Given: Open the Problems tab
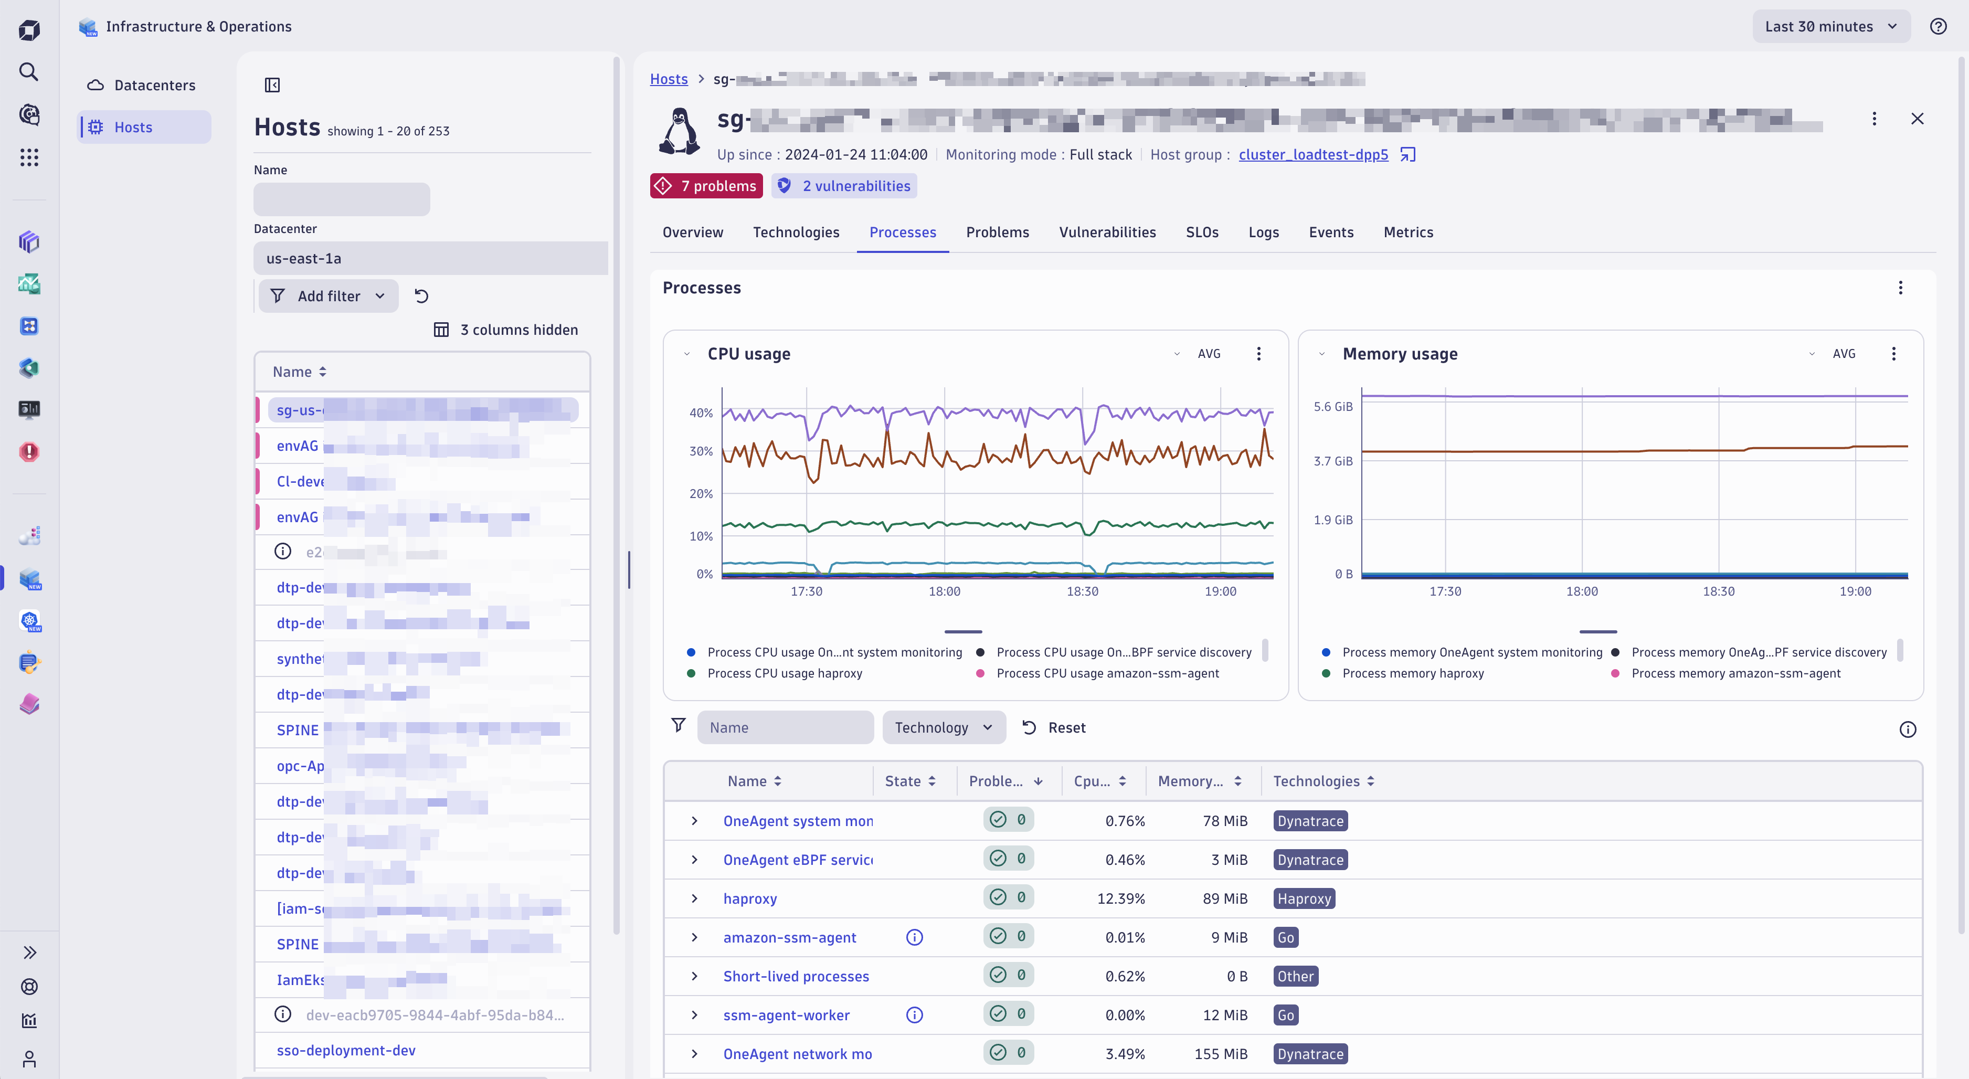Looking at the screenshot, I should pos(997,232).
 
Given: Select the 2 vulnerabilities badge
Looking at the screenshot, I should pos(844,186).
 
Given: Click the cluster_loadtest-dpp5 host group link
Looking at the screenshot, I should pos(1312,154).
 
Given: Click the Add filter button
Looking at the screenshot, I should pos(328,296).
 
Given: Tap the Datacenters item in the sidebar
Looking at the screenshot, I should pos(154,85).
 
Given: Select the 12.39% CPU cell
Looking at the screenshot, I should pos(1120,898).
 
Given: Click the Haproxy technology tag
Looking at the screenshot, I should pos(1303,898).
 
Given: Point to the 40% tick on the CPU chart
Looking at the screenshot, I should pos(700,412).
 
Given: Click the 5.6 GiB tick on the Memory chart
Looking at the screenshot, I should pos(1332,407).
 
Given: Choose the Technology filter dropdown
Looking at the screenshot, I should pos(943,727).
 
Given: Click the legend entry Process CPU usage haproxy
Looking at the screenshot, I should pos(784,673).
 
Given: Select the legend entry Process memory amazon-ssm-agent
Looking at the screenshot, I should pos(1735,673).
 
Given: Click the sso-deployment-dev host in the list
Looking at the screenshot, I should pos(345,1050).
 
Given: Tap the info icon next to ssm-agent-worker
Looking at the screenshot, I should pos(914,1015).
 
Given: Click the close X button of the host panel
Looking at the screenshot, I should pos(1917,119).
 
